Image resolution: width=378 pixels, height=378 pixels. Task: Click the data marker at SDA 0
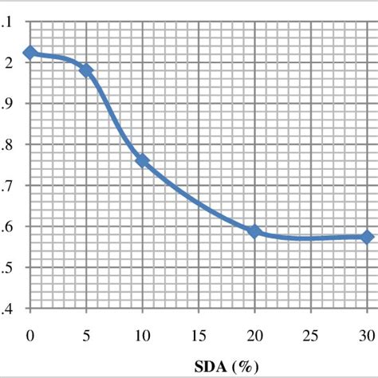click(30, 53)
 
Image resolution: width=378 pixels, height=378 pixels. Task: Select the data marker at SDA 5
click(86, 70)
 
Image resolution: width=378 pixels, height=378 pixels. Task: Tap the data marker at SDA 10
click(143, 160)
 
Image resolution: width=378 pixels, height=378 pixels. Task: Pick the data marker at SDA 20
click(254, 231)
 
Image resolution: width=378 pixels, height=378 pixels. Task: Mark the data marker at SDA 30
click(367, 237)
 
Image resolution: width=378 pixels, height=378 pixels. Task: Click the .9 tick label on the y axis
click(7, 104)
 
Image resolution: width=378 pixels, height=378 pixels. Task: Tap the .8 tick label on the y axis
click(7, 144)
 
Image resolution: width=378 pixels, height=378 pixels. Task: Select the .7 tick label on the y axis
click(7, 186)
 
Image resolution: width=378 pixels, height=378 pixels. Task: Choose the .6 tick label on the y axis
click(7, 226)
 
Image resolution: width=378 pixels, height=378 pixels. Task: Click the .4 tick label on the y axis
click(7, 309)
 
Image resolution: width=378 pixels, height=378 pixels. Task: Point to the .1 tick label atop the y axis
click(7, 22)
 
